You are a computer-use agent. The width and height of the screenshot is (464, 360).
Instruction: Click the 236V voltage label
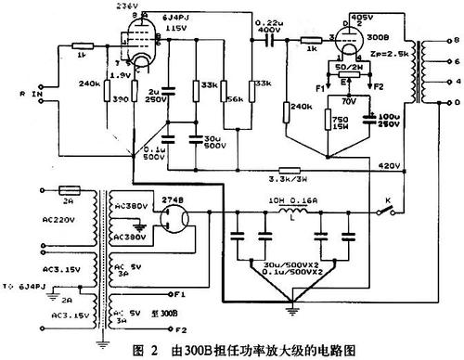coord(124,6)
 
